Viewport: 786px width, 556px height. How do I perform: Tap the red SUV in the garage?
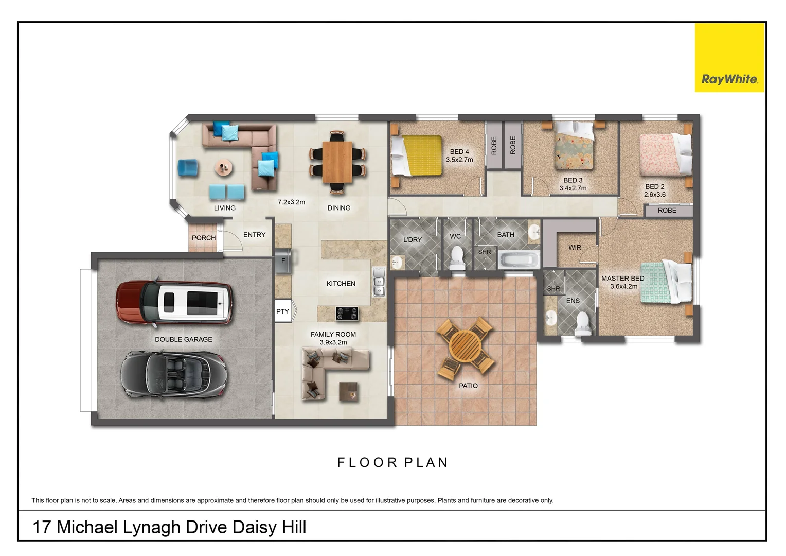point(174,303)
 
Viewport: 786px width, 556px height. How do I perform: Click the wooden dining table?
point(337,162)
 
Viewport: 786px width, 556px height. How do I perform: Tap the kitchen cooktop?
point(347,313)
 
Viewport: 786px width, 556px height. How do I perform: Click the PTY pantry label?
point(282,311)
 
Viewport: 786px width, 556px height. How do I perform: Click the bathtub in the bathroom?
point(520,259)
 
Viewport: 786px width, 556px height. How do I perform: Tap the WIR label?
point(575,248)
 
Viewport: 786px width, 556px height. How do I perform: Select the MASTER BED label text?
point(622,279)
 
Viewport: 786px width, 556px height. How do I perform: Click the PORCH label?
point(204,238)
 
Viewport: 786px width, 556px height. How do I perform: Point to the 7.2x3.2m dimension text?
point(291,202)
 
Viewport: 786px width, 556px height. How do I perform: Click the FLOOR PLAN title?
point(392,463)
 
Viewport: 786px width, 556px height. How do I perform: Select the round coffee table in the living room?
point(224,167)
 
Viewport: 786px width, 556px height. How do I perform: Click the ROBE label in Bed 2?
point(667,211)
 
